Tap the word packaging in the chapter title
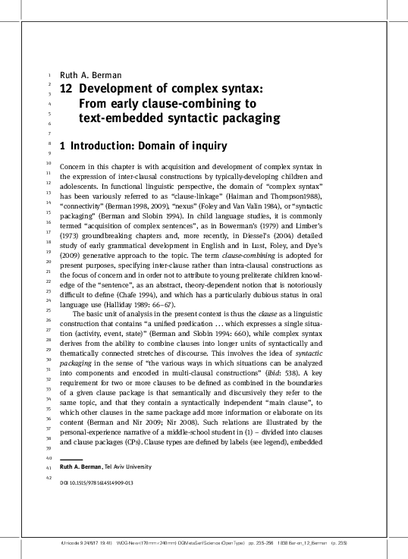tap(248, 118)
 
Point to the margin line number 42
tap(49, 478)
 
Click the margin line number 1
tap(49, 75)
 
